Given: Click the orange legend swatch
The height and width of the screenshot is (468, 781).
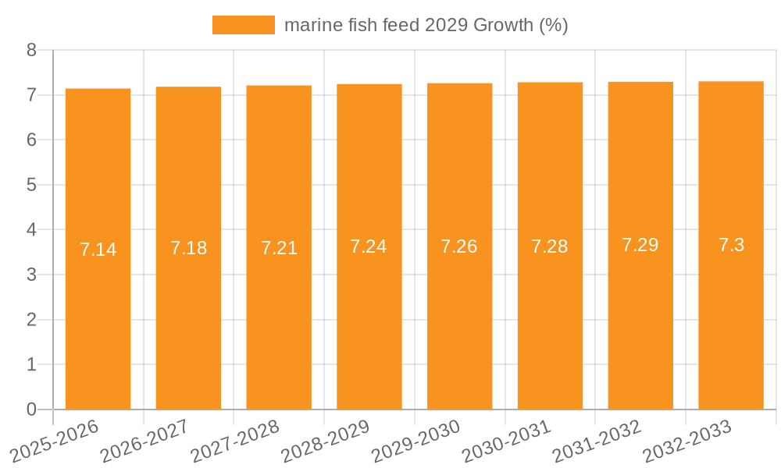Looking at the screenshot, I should point(243,25).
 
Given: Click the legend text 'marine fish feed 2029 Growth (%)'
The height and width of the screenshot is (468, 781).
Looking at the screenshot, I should point(426,25).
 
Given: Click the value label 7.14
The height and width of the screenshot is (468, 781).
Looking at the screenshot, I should point(98,250).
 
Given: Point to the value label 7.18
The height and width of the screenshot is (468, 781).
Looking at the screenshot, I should point(188,248).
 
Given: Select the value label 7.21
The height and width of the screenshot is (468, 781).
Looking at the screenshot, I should point(279,248).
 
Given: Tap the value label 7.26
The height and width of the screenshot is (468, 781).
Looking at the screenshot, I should point(459,246).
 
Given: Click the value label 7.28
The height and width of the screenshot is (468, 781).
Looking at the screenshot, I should point(550,246).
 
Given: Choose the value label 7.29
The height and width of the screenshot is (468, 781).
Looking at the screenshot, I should point(640,245).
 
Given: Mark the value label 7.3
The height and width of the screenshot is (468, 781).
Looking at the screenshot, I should point(731,245).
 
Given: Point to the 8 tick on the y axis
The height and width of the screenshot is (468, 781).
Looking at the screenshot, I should point(31,50).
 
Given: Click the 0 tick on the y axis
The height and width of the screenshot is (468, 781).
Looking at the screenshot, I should point(31,409).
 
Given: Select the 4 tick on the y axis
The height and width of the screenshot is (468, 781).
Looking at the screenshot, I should point(31,230).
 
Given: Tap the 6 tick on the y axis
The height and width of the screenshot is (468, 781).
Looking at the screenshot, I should point(31,140).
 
